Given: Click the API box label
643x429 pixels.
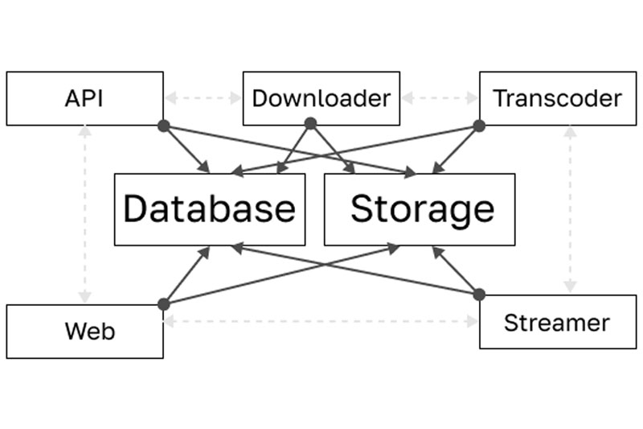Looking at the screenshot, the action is [84, 98].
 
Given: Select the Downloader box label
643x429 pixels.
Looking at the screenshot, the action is [321, 98].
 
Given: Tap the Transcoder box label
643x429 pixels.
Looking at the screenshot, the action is [558, 98].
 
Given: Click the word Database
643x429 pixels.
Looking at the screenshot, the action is [210, 208].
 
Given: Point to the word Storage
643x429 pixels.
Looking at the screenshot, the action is [423, 209].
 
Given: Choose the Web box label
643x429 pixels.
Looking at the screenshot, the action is [90, 331].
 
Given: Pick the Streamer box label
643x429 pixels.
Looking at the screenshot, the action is [557, 323].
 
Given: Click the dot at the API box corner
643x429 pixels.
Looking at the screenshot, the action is [164, 126].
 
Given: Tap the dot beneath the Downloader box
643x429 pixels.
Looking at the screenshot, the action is [311, 123].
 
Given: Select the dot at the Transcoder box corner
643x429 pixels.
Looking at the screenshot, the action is [479, 126].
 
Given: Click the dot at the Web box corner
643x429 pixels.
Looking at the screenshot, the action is [164, 304].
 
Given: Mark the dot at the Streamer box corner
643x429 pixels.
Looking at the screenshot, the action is [479, 295].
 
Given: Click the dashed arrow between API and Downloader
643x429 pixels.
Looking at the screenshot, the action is [203, 98].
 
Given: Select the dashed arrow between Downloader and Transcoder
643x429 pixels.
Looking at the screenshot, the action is [440, 98].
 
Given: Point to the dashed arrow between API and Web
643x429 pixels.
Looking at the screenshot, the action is [85, 214].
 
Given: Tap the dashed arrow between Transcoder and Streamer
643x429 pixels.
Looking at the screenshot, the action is [571, 209].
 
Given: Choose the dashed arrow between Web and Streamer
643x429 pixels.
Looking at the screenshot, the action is [321, 321].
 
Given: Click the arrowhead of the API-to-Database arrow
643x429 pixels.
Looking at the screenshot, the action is [205, 167].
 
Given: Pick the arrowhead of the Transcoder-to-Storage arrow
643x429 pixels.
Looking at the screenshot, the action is [438, 167].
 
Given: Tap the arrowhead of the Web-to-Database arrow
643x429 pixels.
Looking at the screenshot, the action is [205, 252].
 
